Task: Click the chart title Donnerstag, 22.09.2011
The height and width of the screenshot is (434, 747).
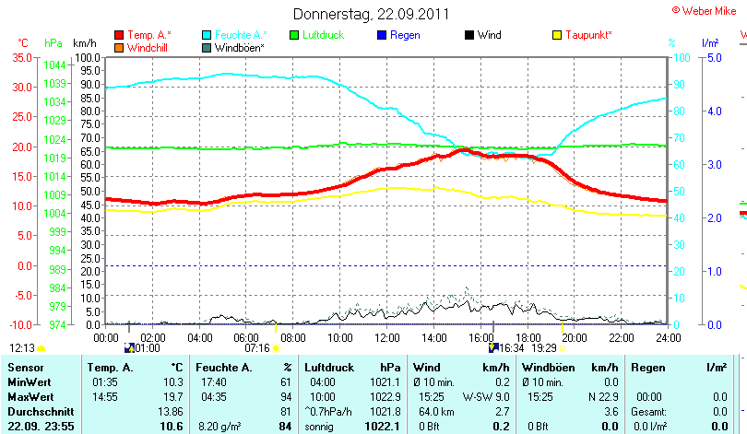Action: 372,14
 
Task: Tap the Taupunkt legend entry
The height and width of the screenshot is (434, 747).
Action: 588,35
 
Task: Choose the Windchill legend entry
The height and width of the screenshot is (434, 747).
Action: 148,47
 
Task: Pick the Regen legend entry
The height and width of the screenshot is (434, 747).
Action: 405,35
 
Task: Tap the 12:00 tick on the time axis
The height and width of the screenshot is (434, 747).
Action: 385,338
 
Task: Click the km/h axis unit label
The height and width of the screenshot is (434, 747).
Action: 84,43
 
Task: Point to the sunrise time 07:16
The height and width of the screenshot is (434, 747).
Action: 256,348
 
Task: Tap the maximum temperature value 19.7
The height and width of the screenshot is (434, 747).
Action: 172,395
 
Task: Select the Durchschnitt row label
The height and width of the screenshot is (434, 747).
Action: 36,410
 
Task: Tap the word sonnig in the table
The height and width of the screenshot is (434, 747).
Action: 319,426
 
